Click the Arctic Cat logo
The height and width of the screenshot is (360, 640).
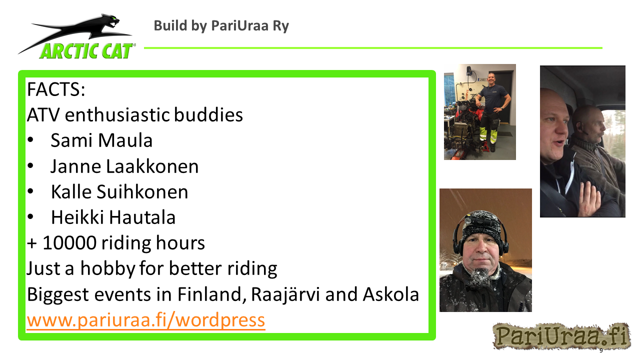tap(77, 36)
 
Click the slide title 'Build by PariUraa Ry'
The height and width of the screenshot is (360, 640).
tap(221, 26)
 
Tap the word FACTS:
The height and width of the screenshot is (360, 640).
tap(56, 89)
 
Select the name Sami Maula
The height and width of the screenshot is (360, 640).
tap(101, 140)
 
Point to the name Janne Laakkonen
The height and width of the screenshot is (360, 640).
tap(124, 166)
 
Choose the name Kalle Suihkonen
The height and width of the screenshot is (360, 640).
tap(119, 191)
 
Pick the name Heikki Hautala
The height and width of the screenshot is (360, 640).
tap(113, 217)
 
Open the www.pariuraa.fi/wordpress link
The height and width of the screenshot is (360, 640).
tap(146, 320)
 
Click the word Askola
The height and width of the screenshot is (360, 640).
tap(391, 294)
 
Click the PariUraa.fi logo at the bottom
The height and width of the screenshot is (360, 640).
tap(561, 335)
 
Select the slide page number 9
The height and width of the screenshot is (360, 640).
tap(601, 350)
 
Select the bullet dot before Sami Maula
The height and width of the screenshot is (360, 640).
tap(30, 140)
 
